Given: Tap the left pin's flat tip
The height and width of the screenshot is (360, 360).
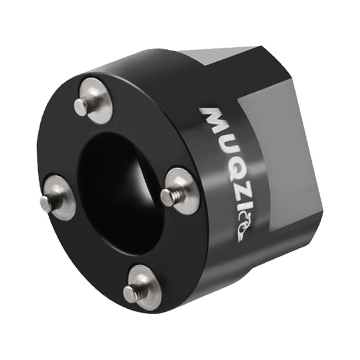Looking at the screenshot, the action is point(45,202).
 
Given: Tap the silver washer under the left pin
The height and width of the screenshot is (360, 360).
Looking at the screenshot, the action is point(59,198).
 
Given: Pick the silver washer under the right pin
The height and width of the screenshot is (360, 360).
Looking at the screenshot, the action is point(181,191).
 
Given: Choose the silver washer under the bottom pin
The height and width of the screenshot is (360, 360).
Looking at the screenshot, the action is point(143,288).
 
